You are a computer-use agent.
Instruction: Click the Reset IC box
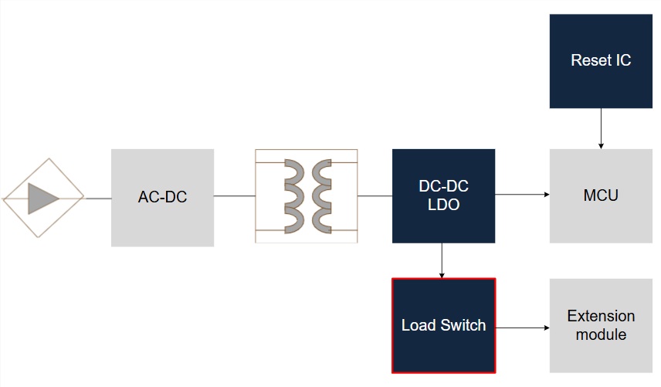coord(600,60)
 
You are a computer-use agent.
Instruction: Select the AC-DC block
coord(162,197)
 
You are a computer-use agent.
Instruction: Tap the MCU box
coord(600,195)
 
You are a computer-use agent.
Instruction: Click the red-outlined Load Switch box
coord(443,325)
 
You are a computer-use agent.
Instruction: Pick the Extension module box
coord(600,325)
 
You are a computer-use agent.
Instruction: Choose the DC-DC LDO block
coord(443,195)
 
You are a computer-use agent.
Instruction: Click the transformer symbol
coord(307,196)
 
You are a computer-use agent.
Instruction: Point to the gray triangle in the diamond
coord(43,198)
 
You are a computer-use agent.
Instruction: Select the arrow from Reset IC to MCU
coord(600,128)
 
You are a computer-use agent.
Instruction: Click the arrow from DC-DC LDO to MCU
coord(522,195)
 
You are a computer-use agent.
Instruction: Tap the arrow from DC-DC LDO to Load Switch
coord(442,260)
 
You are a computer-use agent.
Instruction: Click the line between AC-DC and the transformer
coord(234,196)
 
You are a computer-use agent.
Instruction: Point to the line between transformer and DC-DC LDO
coord(375,196)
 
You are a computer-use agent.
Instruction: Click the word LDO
coord(443,205)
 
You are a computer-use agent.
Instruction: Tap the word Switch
coord(463,325)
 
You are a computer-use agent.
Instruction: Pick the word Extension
coord(600,316)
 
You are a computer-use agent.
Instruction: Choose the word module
coord(600,335)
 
